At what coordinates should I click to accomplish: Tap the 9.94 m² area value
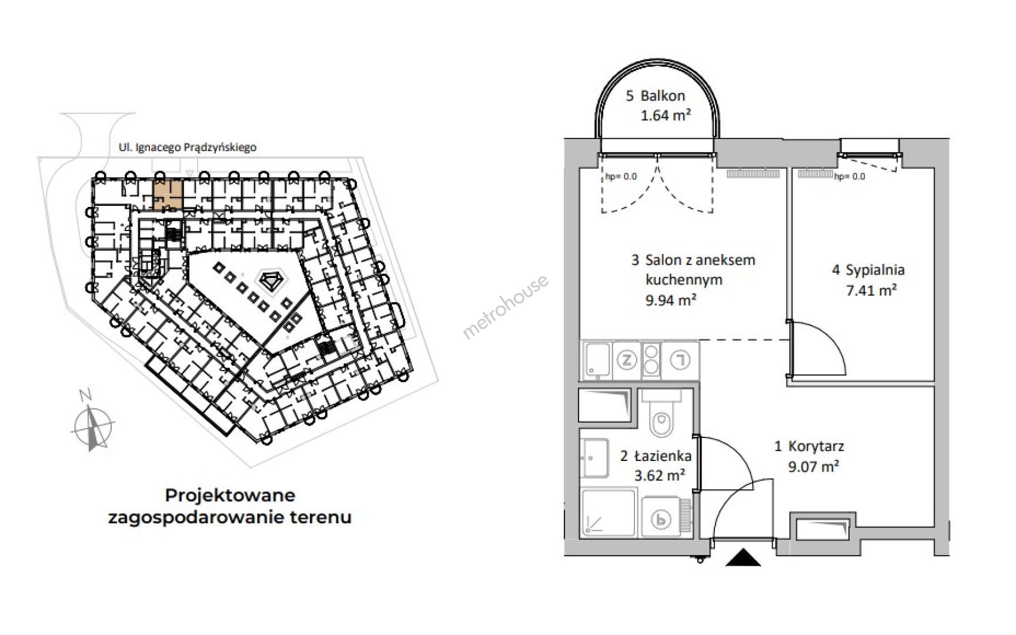(x=671, y=300)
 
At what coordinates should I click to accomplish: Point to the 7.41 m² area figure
(x=871, y=290)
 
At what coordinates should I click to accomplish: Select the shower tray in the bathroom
(x=609, y=513)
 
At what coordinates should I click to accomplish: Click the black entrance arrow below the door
(x=743, y=557)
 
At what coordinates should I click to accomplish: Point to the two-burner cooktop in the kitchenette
(x=651, y=359)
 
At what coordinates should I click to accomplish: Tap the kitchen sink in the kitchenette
(x=597, y=360)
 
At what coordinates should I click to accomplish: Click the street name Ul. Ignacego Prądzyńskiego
(x=188, y=148)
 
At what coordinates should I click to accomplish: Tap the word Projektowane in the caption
(x=230, y=495)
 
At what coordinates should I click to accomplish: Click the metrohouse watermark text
(x=506, y=306)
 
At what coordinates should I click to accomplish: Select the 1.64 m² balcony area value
(x=666, y=115)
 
